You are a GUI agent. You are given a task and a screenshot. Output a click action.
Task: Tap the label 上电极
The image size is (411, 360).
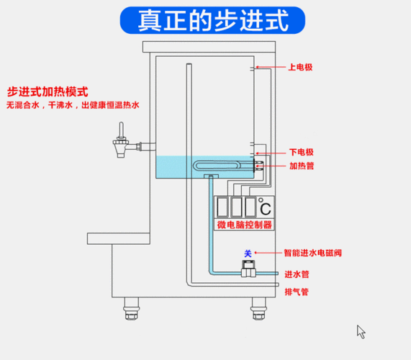pyautogui.click(x=300, y=68)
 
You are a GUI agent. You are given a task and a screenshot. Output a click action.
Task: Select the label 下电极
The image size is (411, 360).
pyautogui.click(x=300, y=152)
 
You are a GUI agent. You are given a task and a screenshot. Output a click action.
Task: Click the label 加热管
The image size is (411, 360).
pyautogui.click(x=300, y=166)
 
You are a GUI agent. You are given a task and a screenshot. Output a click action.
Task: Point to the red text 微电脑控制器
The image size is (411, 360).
pyautogui.click(x=245, y=225)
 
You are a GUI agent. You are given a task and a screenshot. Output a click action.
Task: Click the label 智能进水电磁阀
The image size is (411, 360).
pyautogui.click(x=312, y=253)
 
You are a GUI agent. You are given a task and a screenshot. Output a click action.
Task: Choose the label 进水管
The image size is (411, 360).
pyautogui.click(x=296, y=274)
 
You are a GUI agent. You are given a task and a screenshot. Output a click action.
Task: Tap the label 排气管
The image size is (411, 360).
pyautogui.click(x=296, y=292)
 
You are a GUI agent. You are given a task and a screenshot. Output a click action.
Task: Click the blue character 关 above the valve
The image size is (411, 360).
pyautogui.click(x=248, y=253)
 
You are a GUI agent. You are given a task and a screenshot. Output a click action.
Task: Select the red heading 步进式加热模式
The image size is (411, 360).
pyautogui.click(x=48, y=92)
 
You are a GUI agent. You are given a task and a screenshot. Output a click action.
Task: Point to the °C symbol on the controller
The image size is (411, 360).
pyautogui.click(x=265, y=209)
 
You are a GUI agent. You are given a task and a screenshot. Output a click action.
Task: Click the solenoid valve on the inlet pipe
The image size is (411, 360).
pyautogui.click(x=248, y=271)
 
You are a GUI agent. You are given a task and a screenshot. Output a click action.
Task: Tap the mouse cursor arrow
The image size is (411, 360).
pyautogui.click(x=361, y=331)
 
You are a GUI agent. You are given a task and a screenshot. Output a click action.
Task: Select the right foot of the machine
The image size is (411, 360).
pyautogui.click(x=257, y=311)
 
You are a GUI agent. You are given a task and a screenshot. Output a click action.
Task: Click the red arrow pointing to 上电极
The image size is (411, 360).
pyautogui.click(x=271, y=68)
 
